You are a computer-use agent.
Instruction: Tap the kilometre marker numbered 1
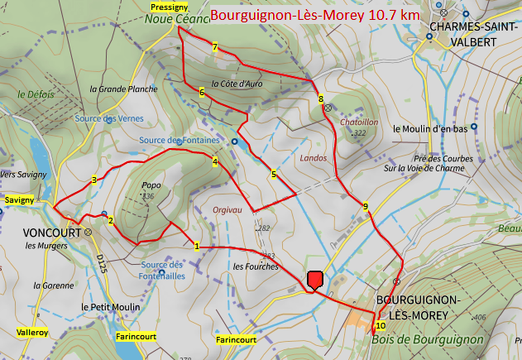coord(197,246)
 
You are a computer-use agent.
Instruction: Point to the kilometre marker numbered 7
coord(215,47)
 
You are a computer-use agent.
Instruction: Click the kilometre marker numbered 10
coord(380,325)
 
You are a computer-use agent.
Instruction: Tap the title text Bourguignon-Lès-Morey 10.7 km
coord(314,15)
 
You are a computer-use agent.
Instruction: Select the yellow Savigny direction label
coord(19,200)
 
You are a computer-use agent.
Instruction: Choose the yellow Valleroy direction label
coord(32,332)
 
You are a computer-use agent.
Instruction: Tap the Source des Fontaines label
coord(180,140)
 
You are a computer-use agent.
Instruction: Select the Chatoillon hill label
coord(359,122)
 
